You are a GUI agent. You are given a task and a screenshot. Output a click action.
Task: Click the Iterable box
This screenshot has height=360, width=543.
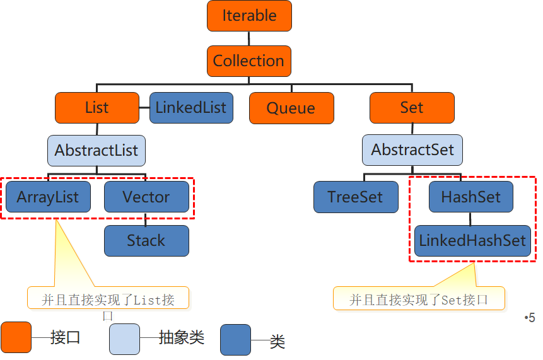pos(249,16)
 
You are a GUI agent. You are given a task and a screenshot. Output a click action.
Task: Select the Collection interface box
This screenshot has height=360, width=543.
pos(249,61)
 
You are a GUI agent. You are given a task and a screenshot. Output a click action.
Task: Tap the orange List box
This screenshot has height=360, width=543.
pos(96,108)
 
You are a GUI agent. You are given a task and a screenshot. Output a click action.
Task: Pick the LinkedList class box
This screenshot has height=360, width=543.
pos(191,108)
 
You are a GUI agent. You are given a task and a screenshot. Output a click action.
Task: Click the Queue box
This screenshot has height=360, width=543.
pos(291,108)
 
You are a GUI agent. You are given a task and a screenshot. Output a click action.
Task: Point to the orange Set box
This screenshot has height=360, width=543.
pos(412,108)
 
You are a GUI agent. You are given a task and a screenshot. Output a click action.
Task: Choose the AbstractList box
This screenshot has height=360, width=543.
pos(96,151)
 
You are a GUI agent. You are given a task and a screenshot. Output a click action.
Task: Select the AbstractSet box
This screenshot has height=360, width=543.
pos(412,151)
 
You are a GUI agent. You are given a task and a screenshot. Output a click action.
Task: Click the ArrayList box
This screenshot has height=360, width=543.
pos(48,197)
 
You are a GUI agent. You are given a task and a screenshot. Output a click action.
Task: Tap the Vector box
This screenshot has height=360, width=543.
pos(146,197)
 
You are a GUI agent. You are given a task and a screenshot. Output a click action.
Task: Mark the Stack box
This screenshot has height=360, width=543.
pos(146,241)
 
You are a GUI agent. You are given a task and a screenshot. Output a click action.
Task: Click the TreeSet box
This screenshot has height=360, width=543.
pos(356,197)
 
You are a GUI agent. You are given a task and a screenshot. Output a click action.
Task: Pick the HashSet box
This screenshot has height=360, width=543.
pos(471,197)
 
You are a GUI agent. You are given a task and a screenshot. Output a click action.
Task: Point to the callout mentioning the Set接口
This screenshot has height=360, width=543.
pos(419,299)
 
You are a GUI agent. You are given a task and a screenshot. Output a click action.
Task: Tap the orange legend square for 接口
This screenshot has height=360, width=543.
pos(16,338)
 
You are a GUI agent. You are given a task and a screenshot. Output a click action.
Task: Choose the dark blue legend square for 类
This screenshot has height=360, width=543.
pos(235,340)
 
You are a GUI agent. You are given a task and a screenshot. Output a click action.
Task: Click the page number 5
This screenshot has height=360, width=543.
pos(530,318)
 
